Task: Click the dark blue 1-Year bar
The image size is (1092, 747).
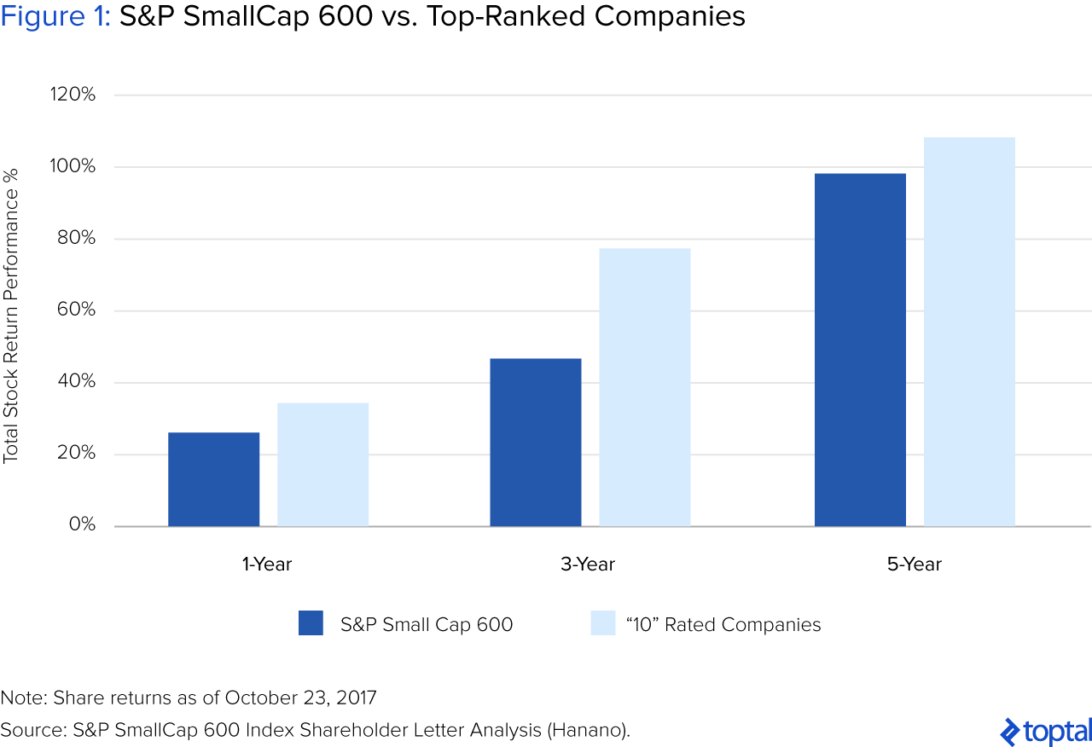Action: pyautogui.click(x=213, y=479)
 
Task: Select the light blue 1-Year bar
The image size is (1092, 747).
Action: pyautogui.click(x=322, y=465)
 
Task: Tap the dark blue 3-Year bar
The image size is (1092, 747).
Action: pyautogui.click(x=535, y=443)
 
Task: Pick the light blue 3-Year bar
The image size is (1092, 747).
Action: pyautogui.click(x=644, y=387)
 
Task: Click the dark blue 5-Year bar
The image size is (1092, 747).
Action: pyautogui.click(x=860, y=350)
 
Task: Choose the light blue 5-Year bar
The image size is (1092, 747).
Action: pyautogui.click(x=969, y=332)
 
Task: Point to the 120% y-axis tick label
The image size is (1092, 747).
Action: pyautogui.click(x=72, y=95)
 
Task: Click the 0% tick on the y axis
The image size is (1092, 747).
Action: pyautogui.click(x=82, y=525)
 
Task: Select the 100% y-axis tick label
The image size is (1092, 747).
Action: pyautogui.click(x=72, y=166)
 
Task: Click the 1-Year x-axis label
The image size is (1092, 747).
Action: pyautogui.click(x=267, y=565)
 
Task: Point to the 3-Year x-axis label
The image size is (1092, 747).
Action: pyautogui.click(x=589, y=565)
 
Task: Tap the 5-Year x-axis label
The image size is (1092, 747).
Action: pyautogui.click(x=915, y=565)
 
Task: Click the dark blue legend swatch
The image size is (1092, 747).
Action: pyautogui.click(x=311, y=623)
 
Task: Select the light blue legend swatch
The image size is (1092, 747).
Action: pyautogui.click(x=602, y=623)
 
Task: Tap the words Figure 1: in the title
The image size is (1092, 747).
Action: pyautogui.click(x=55, y=17)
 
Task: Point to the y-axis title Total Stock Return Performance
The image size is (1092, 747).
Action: pyautogui.click(x=11, y=316)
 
